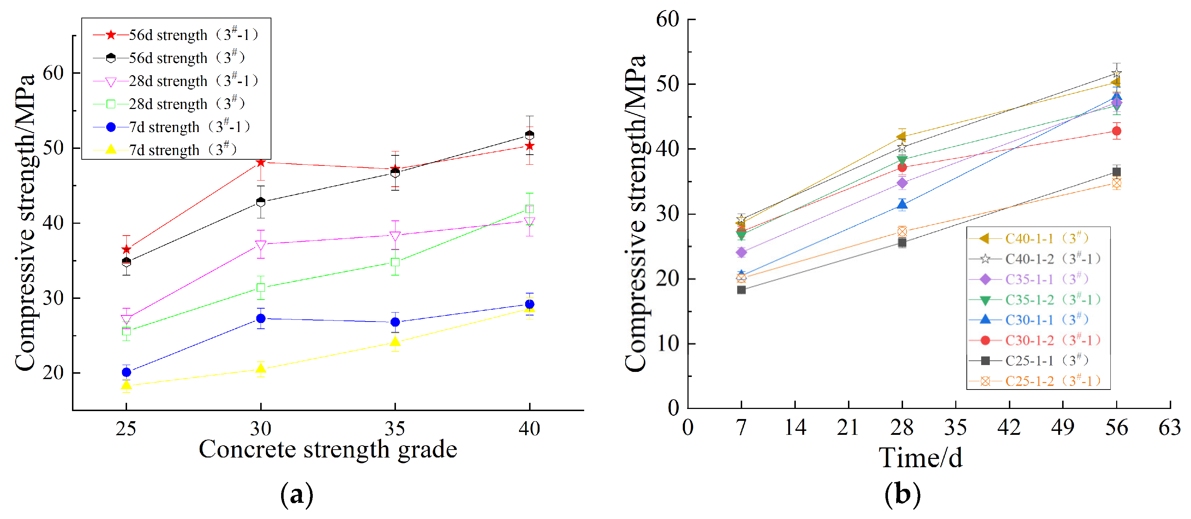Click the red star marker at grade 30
[x=261, y=163]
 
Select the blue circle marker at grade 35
[x=395, y=322]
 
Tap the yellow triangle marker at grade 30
[x=261, y=368]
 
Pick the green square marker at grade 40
[x=529, y=209]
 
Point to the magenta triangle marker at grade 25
[x=126, y=319]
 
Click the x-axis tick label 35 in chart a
[x=395, y=429]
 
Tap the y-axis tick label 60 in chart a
[x=53, y=73]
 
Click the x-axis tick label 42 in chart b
[x=1009, y=428]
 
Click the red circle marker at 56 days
[x=1116, y=131]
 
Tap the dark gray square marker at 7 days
[x=741, y=290]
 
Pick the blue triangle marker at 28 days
[x=902, y=205]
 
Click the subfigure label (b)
[x=902, y=494]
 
